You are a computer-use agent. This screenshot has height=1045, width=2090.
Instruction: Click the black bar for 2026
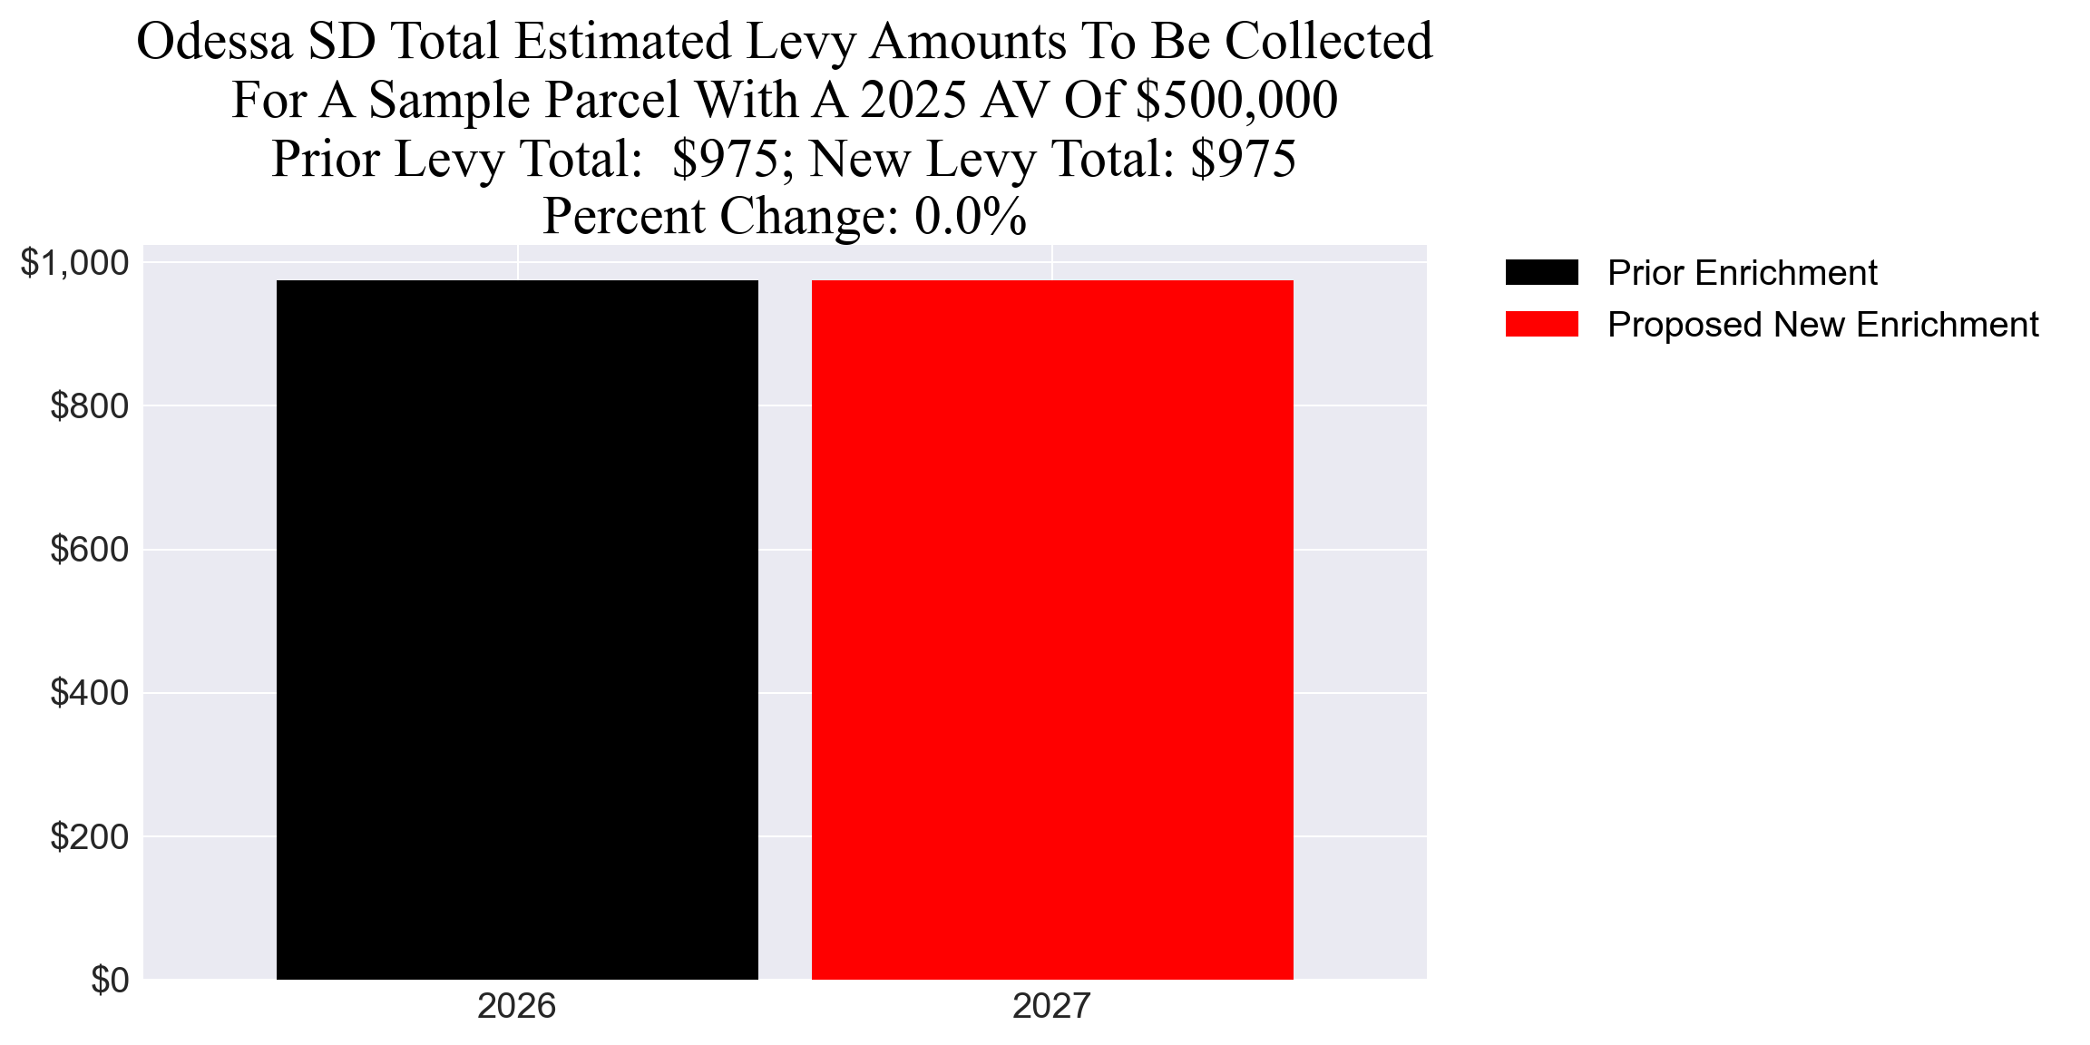point(517,630)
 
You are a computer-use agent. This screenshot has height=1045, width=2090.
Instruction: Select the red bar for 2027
point(1052,630)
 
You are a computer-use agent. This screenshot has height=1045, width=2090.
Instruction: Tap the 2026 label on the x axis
point(516,1006)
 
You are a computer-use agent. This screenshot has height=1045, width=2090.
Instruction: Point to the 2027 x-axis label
point(1051,1006)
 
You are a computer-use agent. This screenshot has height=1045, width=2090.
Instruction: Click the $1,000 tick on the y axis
point(74,263)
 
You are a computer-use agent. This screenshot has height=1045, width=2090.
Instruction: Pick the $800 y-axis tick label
point(89,406)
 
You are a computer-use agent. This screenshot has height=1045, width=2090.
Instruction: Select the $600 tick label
point(89,550)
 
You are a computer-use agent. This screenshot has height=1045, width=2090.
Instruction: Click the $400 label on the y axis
point(89,693)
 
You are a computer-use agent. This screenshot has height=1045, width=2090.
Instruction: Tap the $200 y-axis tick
point(89,836)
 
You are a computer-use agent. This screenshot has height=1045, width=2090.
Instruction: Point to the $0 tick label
point(110,980)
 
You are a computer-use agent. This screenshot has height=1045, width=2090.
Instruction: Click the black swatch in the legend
point(1541,272)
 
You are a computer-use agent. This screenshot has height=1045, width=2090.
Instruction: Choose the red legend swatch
point(1541,324)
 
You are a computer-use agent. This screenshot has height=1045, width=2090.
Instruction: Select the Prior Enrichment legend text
point(1742,272)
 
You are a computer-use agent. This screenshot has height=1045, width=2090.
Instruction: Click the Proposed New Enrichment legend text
point(1822,325)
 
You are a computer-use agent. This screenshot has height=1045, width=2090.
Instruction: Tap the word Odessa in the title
point(214,42)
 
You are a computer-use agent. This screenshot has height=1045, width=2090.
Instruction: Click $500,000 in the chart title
point(1236,100)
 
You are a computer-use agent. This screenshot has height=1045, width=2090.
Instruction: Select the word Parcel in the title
point(614,100)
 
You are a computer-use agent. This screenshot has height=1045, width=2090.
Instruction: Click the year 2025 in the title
point(913,100)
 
